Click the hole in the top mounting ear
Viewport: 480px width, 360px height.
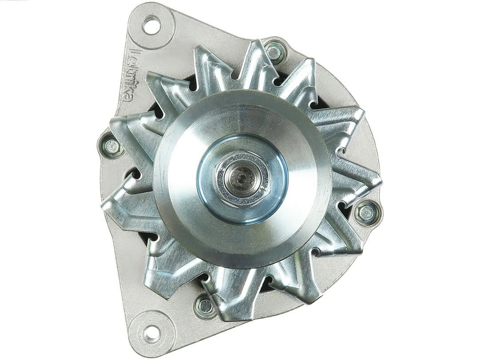[x=151, y=24]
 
